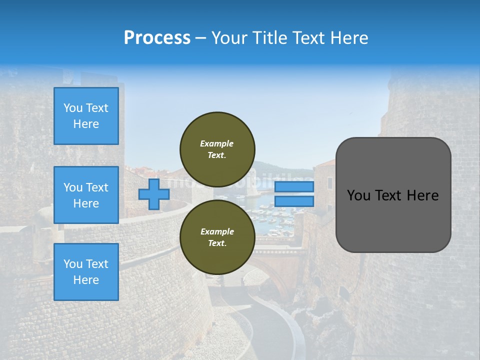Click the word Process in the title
point(157,38)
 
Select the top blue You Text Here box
point(86,116)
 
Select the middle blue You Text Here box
point(86,195)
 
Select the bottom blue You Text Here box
point(86,272)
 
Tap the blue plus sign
point(153,194)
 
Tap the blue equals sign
point(294,194)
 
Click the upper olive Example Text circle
point(217,149)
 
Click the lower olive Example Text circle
point(217,237)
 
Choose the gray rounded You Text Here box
point(393,195)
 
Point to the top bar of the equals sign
point(294,187)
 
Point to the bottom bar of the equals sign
point(294,201)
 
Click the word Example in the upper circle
point(217,143)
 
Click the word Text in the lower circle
point(217,243)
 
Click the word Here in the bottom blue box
point(86,280)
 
